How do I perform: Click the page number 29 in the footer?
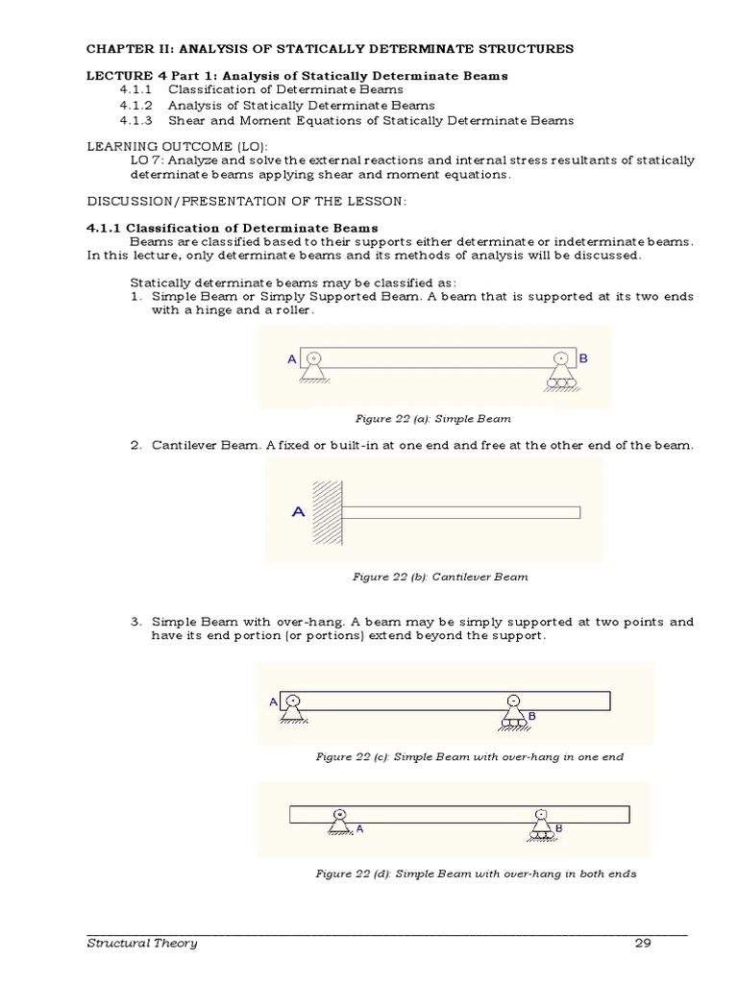point(643,943)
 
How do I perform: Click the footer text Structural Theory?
point(142,943)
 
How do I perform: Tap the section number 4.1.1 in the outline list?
point(137,90)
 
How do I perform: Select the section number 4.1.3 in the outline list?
point(137,121)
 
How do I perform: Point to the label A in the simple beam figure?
point(292,358)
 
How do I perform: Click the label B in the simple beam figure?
point(582,357)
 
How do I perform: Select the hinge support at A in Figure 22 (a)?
point(314,368)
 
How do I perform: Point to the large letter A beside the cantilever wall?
point(298,512)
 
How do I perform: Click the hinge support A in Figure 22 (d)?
point(338,822)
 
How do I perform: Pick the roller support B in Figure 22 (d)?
point(541,823)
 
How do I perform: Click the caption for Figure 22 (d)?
point(476,874)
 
